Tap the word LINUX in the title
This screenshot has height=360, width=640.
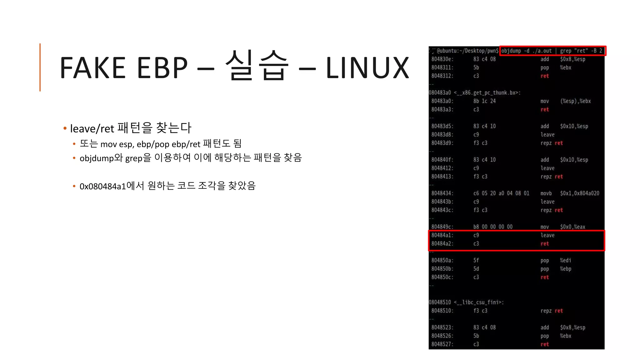click(x=367, y=68)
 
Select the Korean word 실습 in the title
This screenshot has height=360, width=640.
click(x=257, y=66)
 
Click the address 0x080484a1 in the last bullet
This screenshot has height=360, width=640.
click(x=102, y=186)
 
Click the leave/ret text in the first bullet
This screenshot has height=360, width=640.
click(x=92, y=128)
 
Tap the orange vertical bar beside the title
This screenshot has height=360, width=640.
click(x=40, y=67)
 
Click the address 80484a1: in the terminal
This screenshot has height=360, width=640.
click(x=442, y=235)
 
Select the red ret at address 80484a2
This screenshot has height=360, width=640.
click(x=544, y=244)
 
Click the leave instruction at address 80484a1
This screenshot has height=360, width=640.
click(x=547, y=235)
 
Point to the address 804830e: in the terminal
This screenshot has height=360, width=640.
click(x=442, y=59)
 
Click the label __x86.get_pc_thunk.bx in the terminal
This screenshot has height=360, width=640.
click(x=487, y=93)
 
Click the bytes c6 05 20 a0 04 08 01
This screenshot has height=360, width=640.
click(x=501, y=193)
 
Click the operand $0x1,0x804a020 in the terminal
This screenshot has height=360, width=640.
click(x=579, y=193)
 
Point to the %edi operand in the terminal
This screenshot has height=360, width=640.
click(x=565, y=260)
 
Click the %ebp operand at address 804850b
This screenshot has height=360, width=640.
click(x=565, y=269)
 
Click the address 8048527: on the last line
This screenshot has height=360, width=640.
click(x=442, y=344)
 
